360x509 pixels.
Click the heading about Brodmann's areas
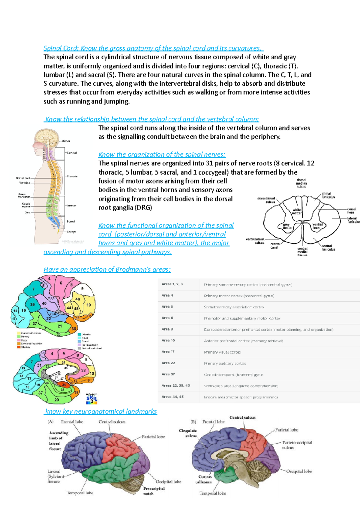(x=107, y=269)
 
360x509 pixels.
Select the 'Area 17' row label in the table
(x=168, y=352)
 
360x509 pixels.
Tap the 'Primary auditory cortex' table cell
(x=225, y=363)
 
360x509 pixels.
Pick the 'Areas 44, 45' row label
(x=172, y=397)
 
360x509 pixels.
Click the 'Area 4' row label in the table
(x=167, y=296)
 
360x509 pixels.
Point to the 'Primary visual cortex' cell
(x=222, y=352)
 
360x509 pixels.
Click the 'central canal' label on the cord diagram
(x=275, y=246)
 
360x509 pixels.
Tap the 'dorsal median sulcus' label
(x=301, y=183)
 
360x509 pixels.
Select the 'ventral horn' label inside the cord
(x=317, y=226)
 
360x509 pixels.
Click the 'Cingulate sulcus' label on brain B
(x=188, y=433)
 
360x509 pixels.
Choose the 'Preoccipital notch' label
(x=154, y=491)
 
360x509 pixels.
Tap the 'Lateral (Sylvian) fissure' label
(x=54, y=476)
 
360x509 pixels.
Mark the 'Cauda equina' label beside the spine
(x=26, y=205)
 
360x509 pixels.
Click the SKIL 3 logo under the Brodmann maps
(x=92, y=399)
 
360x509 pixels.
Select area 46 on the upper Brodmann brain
(x=78, y=299)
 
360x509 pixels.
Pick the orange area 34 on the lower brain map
(x=63, y=385)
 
